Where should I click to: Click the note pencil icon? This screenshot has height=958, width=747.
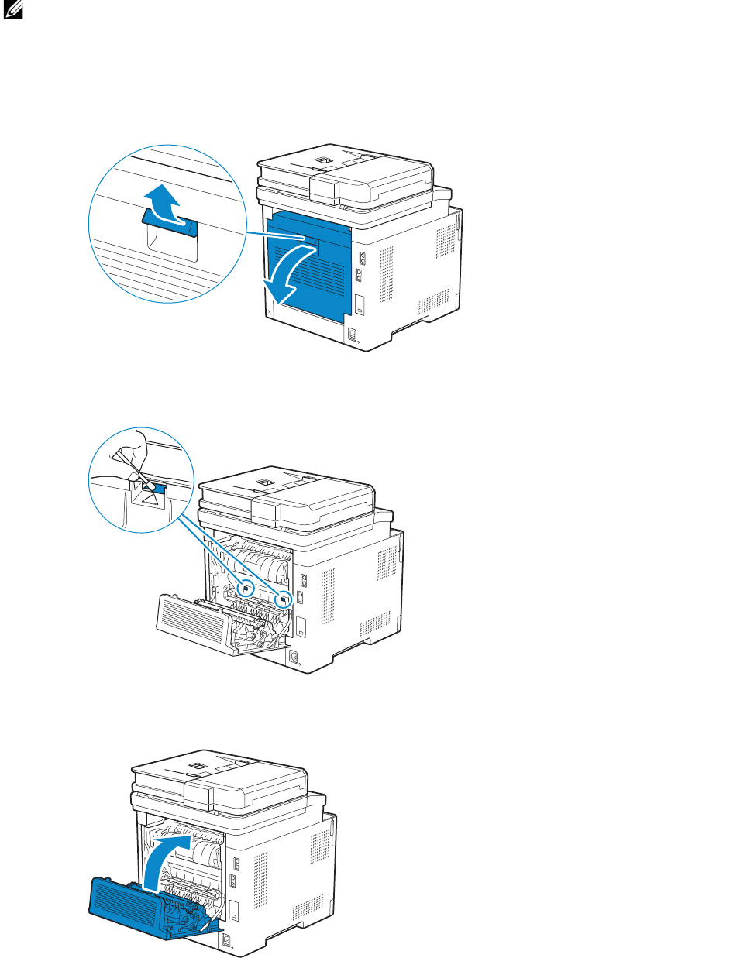pyautogui.click(x=13, y=11)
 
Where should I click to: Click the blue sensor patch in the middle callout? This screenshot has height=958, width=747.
pyautogui.click(x=157, y=489)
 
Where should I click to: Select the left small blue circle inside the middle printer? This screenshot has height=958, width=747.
pyautogui.click(x=246, y=586)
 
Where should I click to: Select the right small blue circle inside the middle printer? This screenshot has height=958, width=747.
pyautogui.click(x=284, y=598)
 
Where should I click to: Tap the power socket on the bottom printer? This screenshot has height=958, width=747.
pyautogui.click(x=226, y=941)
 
